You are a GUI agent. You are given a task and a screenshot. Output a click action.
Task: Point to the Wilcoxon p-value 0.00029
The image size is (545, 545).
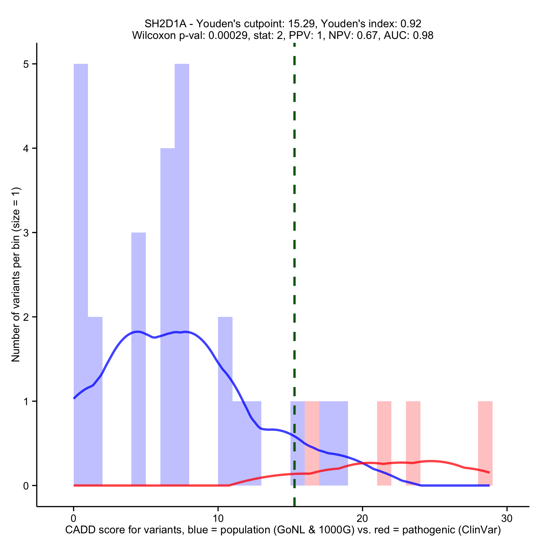228,36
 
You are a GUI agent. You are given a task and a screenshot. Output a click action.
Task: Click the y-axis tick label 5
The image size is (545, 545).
26,64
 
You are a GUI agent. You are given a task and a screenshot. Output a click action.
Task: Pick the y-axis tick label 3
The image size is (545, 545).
26,233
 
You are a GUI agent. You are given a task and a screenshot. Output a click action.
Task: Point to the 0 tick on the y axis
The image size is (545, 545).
26,486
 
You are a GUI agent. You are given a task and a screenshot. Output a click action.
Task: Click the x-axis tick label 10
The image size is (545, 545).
218,519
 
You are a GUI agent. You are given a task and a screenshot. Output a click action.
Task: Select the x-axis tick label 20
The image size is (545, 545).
362,519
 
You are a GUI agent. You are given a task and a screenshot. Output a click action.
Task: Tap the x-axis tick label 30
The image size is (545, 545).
507,519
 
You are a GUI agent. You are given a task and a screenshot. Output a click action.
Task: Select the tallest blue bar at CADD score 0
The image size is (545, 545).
81,254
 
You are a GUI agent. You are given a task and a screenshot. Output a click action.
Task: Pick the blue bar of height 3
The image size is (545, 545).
139,338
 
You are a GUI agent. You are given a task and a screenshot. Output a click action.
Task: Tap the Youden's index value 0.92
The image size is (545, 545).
411,24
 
